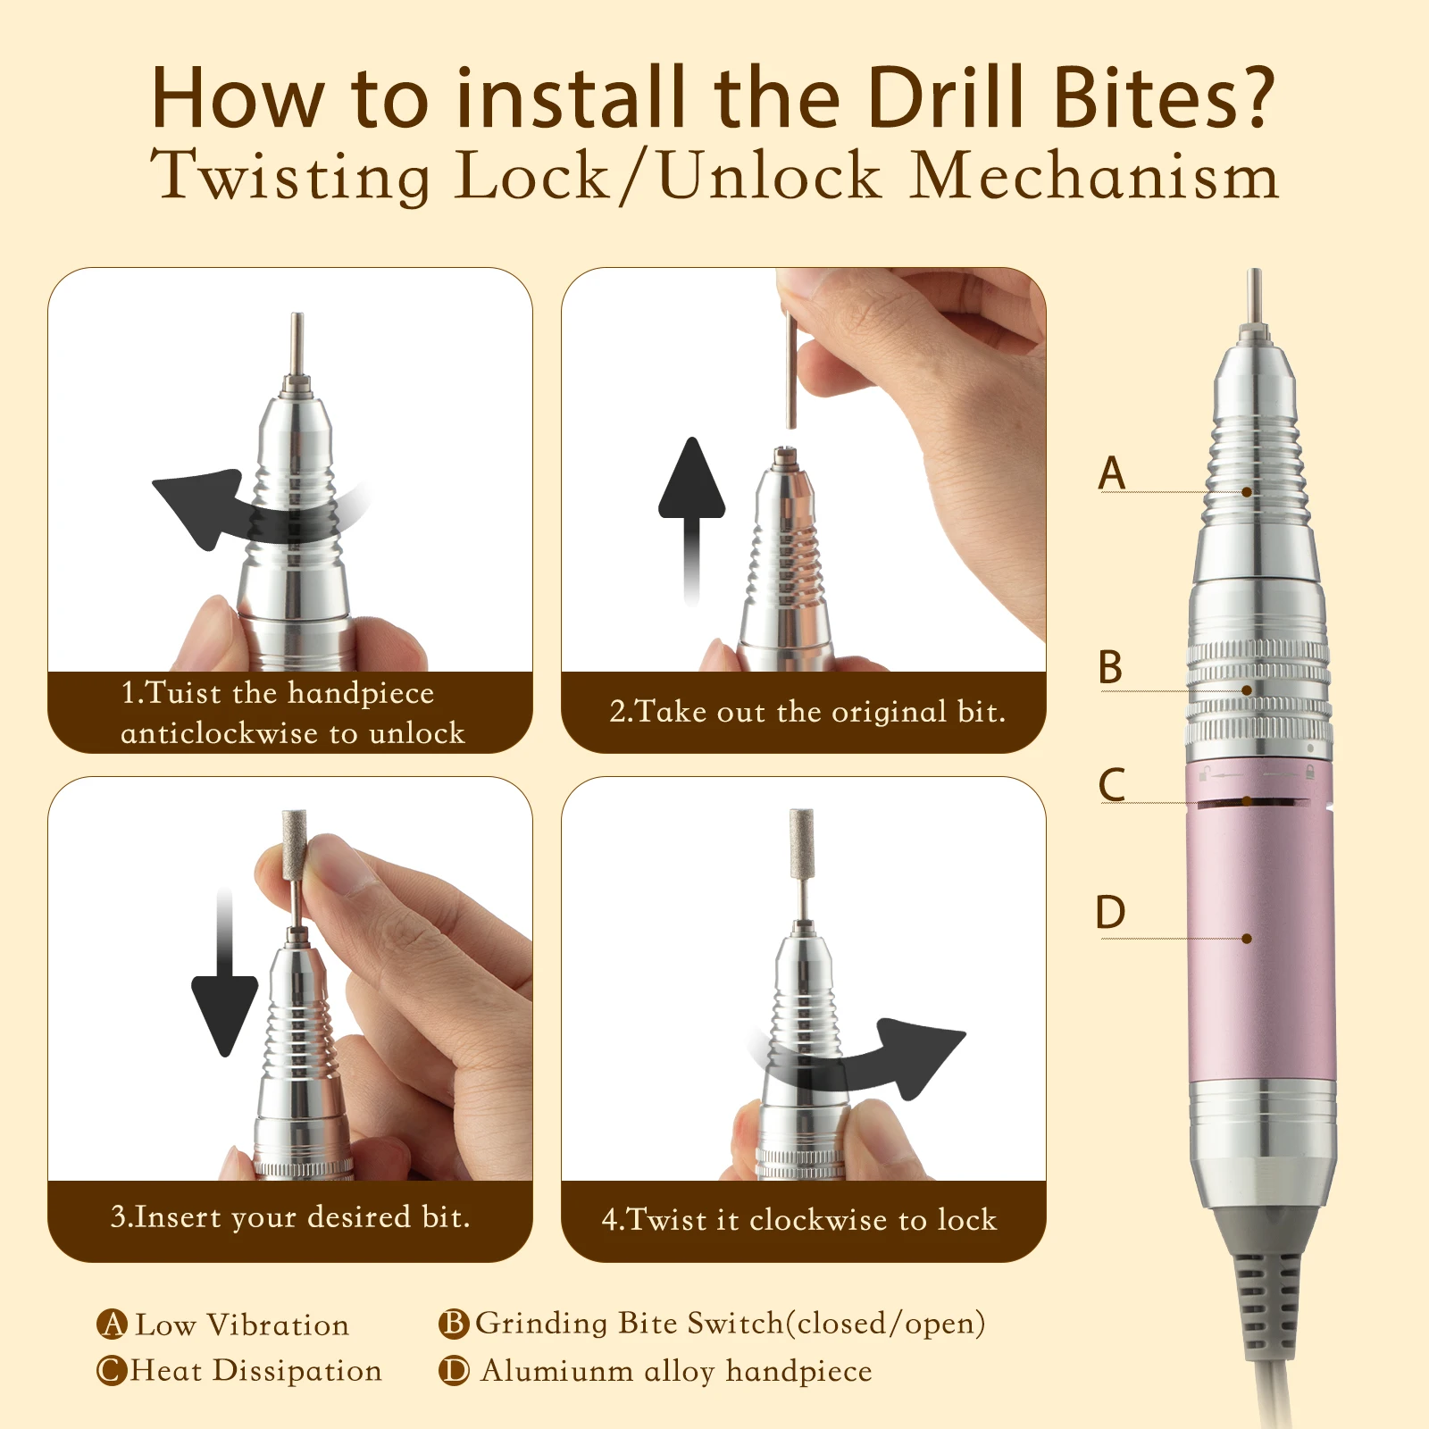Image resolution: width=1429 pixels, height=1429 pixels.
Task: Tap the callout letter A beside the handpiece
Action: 1111,472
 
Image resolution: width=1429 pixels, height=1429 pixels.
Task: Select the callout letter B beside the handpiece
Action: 1110,667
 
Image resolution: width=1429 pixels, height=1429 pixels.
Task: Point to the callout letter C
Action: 1111,785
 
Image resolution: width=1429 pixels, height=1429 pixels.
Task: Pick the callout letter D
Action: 1110,913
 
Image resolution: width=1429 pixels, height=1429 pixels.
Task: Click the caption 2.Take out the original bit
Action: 806,712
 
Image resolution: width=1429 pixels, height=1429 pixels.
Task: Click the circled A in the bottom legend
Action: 112,1324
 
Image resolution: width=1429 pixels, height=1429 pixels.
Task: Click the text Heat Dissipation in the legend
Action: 255,1370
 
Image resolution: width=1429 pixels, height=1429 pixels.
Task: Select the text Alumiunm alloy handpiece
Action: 675,1370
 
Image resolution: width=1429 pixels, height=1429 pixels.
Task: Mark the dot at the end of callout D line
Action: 1247,939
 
